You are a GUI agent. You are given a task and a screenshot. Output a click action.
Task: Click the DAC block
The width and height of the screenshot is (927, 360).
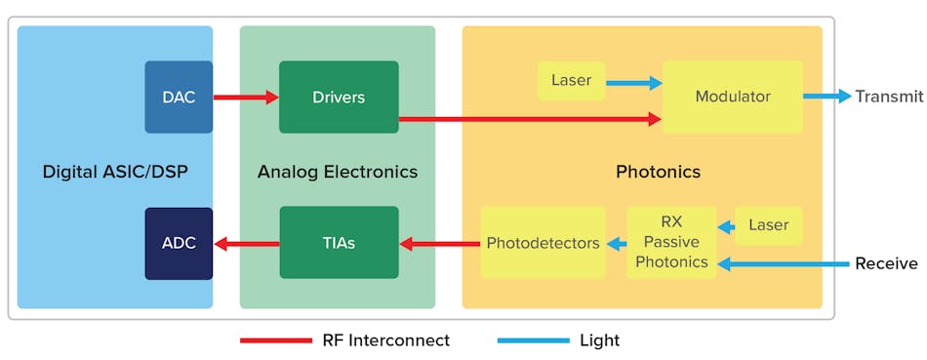click(179, 97)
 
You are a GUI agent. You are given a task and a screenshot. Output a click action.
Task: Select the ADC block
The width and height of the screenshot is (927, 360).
click(179, 243)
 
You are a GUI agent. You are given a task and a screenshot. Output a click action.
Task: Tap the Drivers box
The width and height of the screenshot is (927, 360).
click(339, 97)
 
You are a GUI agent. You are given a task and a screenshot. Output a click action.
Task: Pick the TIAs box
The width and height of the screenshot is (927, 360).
click(339, 243)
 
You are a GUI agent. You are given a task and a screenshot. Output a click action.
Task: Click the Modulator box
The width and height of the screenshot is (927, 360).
click(732, 97)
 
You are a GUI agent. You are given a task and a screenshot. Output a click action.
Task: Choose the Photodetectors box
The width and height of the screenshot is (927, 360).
click(543, 243)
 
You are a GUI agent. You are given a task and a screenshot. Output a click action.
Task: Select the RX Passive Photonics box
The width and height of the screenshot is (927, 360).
click(671, 243)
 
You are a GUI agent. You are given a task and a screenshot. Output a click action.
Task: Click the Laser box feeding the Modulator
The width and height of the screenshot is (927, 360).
click(571, 80)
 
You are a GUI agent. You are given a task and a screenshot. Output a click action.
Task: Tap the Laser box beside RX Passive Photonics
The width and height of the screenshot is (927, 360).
click(769, 225)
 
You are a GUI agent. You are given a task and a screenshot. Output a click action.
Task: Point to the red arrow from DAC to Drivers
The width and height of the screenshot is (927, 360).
click(246, 97)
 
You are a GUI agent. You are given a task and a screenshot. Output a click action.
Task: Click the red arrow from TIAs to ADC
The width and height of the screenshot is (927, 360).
click(246, 243)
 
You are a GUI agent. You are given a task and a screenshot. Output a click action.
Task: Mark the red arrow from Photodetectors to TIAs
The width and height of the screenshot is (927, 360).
click(439, 243)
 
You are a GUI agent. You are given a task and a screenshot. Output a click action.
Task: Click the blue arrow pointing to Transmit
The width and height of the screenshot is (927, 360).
click(826, 97)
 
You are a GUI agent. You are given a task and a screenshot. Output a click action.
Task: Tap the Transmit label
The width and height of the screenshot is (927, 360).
click(888, 97)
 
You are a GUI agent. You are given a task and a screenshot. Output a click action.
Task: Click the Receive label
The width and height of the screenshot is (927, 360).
click(886, 263)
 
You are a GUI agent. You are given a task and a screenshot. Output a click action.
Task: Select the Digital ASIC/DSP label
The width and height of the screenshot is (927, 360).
click(115, 172)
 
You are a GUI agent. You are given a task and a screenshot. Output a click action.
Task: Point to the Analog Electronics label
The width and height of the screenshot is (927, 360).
click(338, 172)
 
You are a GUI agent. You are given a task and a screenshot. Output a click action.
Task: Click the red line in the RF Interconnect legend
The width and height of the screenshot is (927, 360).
click(275, 340)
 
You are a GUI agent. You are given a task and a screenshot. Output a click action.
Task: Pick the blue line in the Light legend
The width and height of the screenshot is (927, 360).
click(533, 340)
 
